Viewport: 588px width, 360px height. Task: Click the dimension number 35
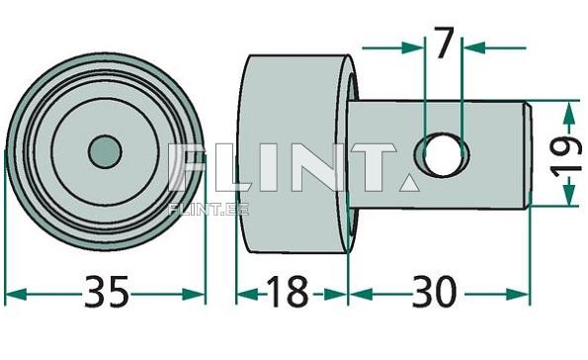point(106,292)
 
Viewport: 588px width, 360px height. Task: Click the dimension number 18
point(288,292)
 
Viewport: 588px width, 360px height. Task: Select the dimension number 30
point(434,292)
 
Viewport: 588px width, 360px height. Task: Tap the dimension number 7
point(444,43)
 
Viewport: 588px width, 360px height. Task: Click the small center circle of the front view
point(105,151)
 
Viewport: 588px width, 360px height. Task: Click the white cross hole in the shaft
point(443,154)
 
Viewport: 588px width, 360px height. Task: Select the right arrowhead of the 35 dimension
point(194,294)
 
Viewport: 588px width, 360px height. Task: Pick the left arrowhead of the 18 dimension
point(247,294)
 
